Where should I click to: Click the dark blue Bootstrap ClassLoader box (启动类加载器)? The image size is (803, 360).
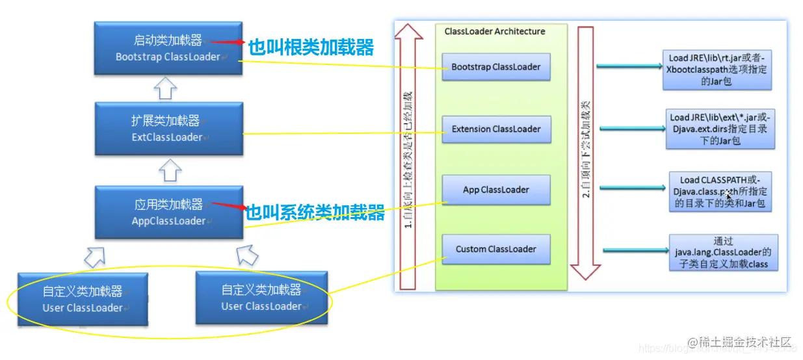click(x=167, y=48)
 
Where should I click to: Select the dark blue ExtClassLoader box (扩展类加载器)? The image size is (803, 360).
click(x=167, y=129)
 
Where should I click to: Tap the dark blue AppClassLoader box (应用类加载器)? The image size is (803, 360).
click(x=168, y=212)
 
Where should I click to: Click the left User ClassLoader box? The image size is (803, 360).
click(x=83, y=299)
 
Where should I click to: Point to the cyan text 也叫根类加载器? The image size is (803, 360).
click(x=311, y=47)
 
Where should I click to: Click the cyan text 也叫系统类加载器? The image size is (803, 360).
click(x=315, y=212)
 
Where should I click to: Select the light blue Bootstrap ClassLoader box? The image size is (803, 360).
click(x=495, y=67)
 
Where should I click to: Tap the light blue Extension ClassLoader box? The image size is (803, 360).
click(x=495, y=129)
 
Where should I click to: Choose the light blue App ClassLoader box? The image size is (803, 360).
click(x=495, y=190)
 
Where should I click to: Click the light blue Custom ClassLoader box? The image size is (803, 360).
click(x=495, y=249)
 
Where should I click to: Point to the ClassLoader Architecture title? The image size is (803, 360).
click(x=495, y=31)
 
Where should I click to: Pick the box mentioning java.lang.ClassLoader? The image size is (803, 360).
click(x=722, y=252)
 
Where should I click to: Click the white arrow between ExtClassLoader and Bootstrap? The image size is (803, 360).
click(x=166, y=88)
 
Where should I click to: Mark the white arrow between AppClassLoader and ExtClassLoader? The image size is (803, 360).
click(x=166, y=170)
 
